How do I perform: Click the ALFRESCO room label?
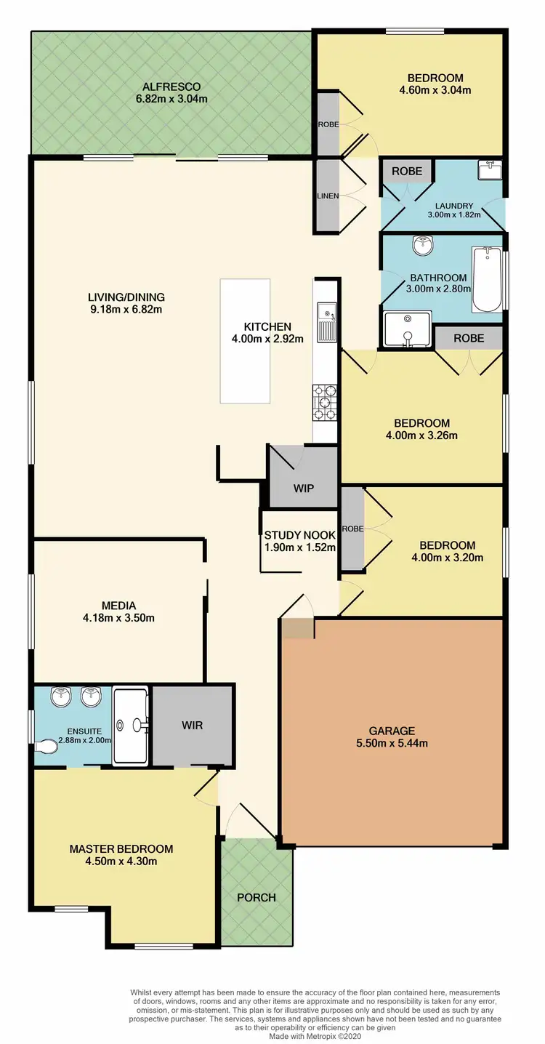pos(171,84)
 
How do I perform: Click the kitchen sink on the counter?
pos(325,322)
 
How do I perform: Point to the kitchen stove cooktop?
pos(325,403)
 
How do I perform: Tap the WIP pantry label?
pos(304,488)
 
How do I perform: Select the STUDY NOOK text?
pos(299,535)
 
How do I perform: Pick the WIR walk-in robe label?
pos(193,725)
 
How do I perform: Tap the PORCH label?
pos(257,897)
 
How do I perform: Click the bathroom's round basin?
pos(421,247)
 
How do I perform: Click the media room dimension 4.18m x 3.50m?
pos(118,619)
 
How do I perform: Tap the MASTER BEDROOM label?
pos(121,848)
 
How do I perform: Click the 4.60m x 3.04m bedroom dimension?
pos(435,91)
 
